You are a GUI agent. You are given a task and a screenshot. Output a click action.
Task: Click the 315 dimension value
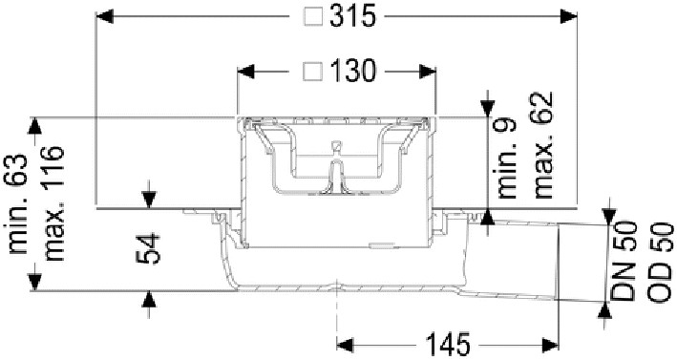click(x=352, y=17)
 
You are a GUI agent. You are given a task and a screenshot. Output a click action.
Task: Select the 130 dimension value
click(x=352, y=72)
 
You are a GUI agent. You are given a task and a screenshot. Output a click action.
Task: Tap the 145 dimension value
click(x=447, y=345)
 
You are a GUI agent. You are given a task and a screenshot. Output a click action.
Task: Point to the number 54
click(x=148, y=248)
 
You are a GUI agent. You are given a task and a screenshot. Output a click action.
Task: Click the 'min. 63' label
click(x=18, y=203)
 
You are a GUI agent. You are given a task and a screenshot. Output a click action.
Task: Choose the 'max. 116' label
click(x=54, y=203)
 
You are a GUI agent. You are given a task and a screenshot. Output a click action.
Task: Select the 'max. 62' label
click(x=542, y=145)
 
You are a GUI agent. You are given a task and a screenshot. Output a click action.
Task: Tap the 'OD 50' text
click(x=660, y=261)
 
